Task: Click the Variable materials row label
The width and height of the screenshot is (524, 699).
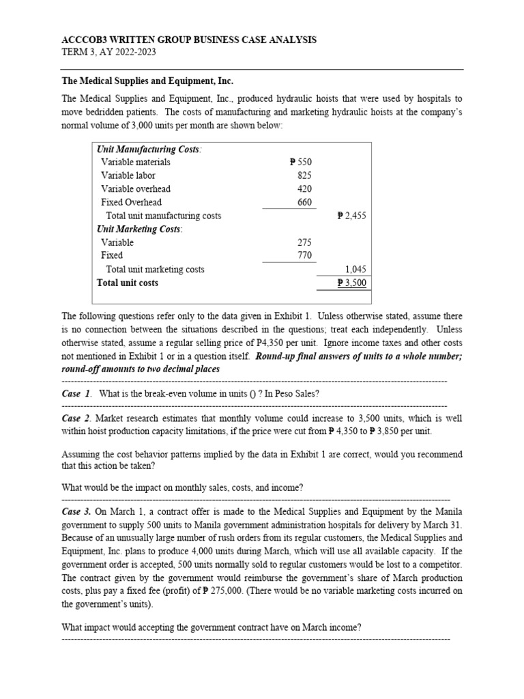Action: pyautogui.click(x=135, y=162)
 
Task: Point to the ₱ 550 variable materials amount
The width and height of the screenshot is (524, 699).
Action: pyautogui.click(x=300, y=162)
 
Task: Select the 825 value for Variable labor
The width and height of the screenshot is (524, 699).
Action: pyautogui.click(x=304, y=175)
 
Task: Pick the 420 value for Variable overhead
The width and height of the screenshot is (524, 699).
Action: pyautogui.click(x=304, y=189)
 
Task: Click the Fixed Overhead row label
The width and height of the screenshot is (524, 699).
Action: pyautogui.click(x=131, y=202)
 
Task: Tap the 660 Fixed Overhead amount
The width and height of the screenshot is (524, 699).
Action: pyautogui.click(x=304, y=202)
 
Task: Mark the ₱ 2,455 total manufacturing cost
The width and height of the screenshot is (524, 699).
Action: pyautogui.click(x=353, y=216)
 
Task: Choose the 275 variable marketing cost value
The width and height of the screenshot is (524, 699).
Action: pyautogui.click(x=304, y=242)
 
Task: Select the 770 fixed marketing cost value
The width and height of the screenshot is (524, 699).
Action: pyautogui.click(x=304, y=255)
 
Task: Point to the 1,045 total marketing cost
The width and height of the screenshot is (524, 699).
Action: pyautogui.click(x=358, y=270)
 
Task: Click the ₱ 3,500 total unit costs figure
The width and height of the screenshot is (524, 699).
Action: pyautogui.click(x=353, y=283)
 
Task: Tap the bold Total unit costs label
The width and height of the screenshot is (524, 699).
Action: pyautogui.click(x=128, y=283)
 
